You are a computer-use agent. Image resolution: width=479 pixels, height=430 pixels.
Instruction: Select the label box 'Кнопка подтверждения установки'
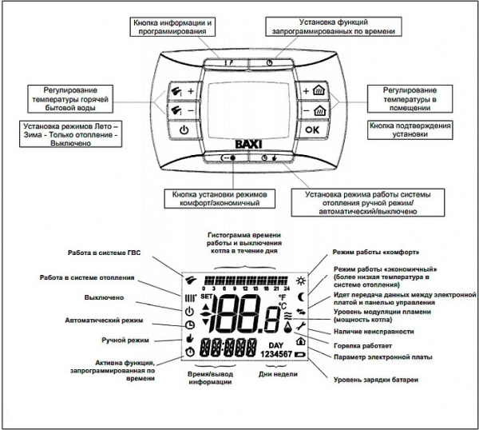coord(410,130)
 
